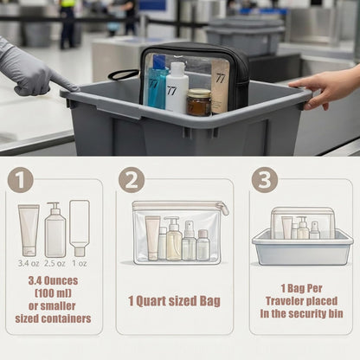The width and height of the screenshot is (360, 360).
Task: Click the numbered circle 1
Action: tap(20, 180)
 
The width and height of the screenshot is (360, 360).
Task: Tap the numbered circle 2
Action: tap(132, 180)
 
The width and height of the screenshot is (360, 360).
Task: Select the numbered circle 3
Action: tap(265, 180)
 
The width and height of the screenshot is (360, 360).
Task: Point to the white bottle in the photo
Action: tap(177, 88)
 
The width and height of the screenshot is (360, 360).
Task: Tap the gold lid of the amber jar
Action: tap(199, 93)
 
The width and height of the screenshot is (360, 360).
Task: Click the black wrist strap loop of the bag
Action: tap(123, 74)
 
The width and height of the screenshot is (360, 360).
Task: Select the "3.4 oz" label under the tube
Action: tap(29, 263)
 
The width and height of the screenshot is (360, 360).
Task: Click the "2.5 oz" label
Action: tap(55, 263)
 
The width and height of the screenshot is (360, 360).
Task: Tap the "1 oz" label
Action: tap(80, 263)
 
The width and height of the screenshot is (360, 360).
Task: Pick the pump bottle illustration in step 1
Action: tap(55, 229)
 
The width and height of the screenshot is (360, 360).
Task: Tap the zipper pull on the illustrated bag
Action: tap(223, 209)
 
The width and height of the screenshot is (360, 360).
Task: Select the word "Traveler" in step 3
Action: tap(284, 301)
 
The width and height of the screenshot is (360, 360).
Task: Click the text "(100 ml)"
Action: tap(53, 293)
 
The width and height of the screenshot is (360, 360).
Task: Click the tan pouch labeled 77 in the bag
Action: tap(220, 87)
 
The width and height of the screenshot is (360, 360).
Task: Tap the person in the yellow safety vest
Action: tap(67, 23)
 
